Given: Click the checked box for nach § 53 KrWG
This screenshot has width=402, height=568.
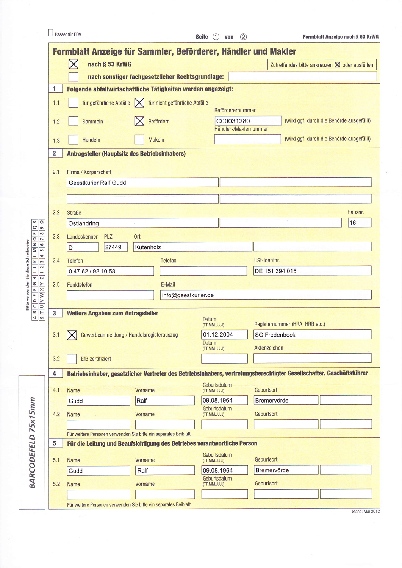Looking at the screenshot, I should click(74, 64).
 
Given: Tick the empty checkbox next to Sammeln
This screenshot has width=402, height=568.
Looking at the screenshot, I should click(73, 121).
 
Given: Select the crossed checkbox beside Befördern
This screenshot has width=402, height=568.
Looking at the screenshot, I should click(139, 121).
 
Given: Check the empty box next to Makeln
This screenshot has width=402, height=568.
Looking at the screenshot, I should click(139, 140).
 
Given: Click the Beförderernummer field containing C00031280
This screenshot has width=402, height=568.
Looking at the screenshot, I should click(248, 121).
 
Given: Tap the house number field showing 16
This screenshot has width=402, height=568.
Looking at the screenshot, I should click(359, 223).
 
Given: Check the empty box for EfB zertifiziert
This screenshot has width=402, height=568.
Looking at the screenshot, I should click(72, 359).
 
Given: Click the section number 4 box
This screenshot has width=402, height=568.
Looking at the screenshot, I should click(55, 373).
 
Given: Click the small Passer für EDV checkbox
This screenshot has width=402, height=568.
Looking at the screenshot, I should click(51, 33).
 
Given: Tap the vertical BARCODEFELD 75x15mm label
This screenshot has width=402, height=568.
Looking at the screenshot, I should click(32, 442).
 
